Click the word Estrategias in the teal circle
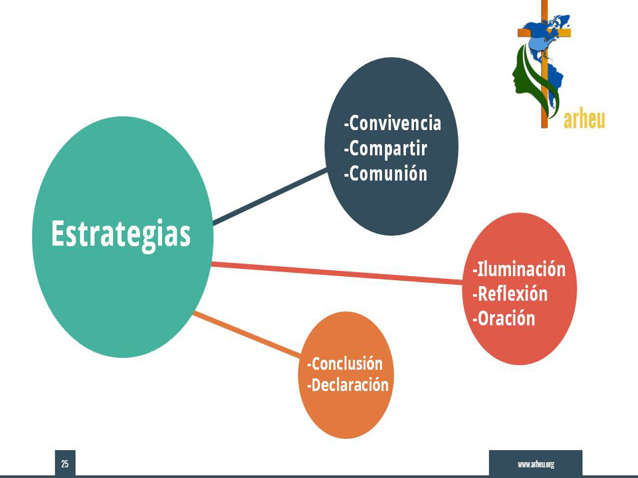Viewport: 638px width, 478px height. click(121, 235)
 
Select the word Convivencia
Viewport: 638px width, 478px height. click(395, 123)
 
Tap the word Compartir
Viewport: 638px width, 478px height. click(387, 149)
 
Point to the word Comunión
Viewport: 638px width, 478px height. click(388, 173)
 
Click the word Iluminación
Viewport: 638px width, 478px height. click(521, 269)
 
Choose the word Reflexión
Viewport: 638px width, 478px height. click(512, 294)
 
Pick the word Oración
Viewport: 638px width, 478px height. click(506, 318)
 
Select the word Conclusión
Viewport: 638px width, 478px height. click(347, 364)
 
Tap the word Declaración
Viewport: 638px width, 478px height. click(350, 385)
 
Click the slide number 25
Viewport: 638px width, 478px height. click(65, 464)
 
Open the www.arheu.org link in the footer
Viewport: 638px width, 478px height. click(536, 464)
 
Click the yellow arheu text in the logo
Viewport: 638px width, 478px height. click(584, 119)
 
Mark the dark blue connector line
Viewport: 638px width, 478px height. click(270, 197)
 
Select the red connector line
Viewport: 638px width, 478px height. click(338, 273)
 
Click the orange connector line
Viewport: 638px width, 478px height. click(247, 335)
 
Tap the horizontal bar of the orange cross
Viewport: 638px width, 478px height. click(544, 33)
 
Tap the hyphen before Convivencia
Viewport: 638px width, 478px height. click(346, 125)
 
